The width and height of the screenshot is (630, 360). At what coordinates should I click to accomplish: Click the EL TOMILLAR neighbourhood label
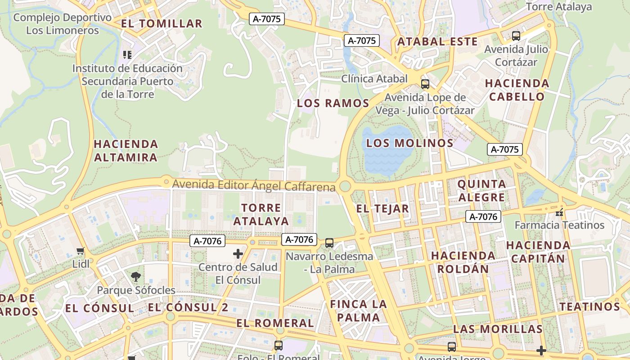point(162,24)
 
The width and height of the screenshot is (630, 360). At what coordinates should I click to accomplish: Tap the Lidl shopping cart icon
point(81,251)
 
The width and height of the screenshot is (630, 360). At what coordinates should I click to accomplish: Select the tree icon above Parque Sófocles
point(136,277)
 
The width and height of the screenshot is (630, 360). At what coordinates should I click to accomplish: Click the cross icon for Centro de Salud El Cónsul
point(238,254)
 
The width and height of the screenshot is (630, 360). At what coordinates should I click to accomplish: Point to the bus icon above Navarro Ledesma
point(329,243)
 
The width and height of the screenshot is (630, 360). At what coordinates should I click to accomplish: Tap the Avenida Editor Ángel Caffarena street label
point(254,185)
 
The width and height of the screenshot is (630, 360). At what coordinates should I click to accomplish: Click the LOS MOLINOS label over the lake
point(409,144)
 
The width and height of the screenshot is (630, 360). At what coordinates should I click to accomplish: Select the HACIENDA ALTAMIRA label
point(126,151)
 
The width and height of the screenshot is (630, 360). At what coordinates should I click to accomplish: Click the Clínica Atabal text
point(374,79)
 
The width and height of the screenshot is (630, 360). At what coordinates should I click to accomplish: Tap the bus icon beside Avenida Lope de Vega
point(425,84)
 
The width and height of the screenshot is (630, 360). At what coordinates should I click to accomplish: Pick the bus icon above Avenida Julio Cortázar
point(516,36)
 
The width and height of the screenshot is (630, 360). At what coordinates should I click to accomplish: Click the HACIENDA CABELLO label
point(517,90)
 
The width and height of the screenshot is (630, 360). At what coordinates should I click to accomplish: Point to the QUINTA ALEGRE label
point(481,191)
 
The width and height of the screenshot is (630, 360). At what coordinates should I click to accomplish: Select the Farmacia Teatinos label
point(559,225)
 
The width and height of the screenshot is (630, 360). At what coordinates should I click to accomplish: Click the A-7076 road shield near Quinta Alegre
point(483,217)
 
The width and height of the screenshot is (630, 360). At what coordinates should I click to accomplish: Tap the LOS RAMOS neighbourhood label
point(333,103)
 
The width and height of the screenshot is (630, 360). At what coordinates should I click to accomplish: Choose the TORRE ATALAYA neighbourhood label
point(261,215)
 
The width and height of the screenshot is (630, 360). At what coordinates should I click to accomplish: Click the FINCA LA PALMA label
point(359,310)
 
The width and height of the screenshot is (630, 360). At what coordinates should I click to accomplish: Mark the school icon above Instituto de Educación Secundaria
point(127,55)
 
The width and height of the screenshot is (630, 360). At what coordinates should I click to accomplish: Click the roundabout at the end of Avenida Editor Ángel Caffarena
point(345,186)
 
